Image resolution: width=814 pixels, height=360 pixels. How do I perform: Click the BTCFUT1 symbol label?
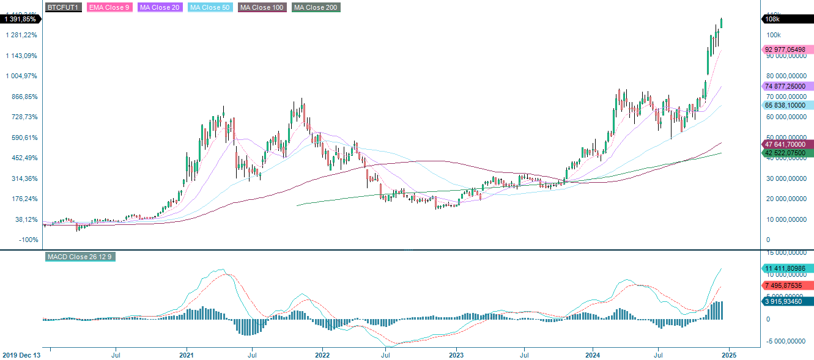tap(62, 7)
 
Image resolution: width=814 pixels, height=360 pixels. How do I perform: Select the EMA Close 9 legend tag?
tap(109, 7)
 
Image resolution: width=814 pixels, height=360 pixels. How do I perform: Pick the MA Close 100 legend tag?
tap(262, 7)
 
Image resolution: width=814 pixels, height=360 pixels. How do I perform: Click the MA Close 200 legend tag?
tap(316, 7)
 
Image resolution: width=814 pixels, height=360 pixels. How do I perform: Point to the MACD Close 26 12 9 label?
tap(80, 257)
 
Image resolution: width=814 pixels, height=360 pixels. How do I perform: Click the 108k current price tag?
tap(788, 19)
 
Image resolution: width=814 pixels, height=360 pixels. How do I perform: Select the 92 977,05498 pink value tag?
tap(788, 50)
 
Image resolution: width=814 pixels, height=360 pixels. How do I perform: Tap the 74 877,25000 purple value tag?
tap(788, 86)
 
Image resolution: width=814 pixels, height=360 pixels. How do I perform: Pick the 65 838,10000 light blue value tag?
tap(788, 105)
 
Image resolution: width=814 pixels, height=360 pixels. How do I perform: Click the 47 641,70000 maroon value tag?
tap(788, 144)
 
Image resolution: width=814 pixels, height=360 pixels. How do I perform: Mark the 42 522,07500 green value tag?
tap(788, 153)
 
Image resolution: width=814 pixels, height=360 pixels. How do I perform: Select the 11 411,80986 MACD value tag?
tap(788, 268)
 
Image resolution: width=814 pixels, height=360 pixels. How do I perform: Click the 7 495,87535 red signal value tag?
tap(788, 285)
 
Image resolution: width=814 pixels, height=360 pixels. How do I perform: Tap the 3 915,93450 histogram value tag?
tap(788, 301)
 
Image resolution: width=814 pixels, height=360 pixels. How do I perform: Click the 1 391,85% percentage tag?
tap(20, 19)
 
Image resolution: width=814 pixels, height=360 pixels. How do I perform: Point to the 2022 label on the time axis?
tap(322, 354)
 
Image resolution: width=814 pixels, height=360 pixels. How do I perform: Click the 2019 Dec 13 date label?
tap(22, 354)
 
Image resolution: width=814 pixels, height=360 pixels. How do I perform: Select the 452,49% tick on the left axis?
tap(21, 158)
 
